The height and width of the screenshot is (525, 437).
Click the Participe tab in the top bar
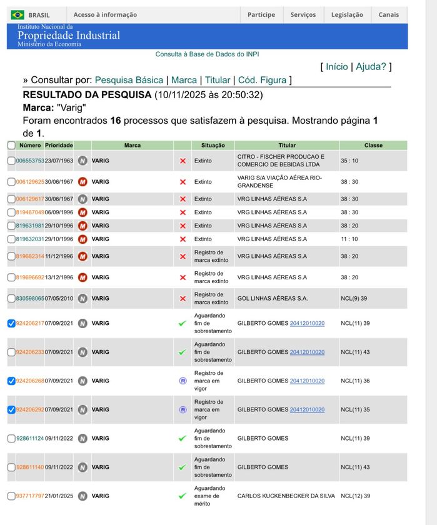click(261, 15)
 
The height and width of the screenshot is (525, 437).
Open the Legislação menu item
click(347, 15)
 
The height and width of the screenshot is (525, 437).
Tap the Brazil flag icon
click(18, 15)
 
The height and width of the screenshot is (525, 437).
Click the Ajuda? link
click(371, 66)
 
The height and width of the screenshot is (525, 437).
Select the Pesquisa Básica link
click(129, 80)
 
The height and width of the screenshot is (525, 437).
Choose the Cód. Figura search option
click(262, 80)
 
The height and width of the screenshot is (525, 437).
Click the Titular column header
click(287, 145)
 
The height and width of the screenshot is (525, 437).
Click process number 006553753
click(30, 161)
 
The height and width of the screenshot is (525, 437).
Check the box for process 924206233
click(11, 352)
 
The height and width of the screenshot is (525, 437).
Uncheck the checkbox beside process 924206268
click(11, 381)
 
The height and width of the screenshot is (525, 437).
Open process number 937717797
click(30, 496)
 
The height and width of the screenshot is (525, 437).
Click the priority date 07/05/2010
click(59, 299)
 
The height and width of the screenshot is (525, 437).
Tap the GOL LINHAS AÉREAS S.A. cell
click(273, 299)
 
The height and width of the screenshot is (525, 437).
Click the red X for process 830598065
click(183, 299)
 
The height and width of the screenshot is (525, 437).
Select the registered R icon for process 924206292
click(183, 410)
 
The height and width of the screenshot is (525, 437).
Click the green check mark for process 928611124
click(183, 439)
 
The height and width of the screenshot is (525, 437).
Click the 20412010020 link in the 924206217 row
click(307, 323)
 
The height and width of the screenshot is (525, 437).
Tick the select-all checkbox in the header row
click(11, 145)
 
